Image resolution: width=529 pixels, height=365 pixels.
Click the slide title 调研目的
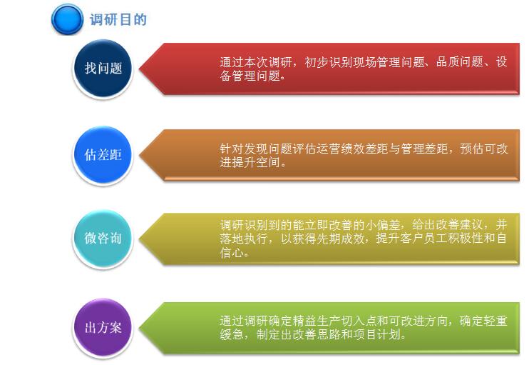118,19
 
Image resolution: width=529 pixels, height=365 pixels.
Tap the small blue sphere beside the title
67,19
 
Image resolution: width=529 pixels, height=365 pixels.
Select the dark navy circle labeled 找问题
103,69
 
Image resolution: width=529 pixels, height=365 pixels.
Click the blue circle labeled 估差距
103,155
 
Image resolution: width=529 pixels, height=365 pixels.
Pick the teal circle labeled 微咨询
103,239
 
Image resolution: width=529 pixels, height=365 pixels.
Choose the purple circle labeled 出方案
103,328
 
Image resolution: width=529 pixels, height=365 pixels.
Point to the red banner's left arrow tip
139,69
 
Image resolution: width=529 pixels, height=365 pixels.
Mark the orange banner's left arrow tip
139,156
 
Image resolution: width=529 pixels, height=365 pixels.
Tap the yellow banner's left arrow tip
139,239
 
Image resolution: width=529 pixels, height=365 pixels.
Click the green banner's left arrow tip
139,328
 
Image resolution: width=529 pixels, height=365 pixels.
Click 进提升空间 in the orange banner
250,163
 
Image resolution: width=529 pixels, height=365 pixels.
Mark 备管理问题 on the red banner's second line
250,76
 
